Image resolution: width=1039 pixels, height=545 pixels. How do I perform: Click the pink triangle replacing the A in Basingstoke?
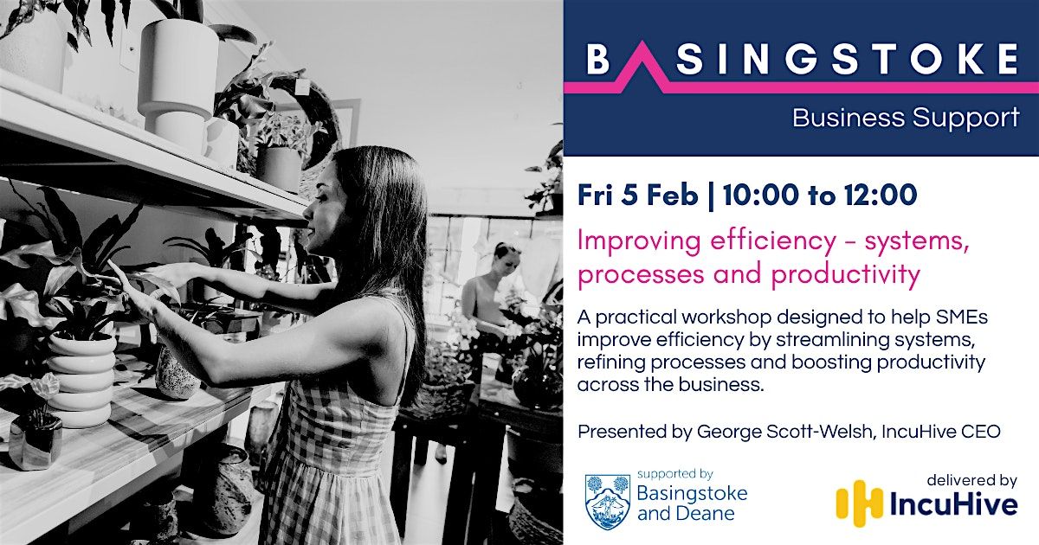(642, 65)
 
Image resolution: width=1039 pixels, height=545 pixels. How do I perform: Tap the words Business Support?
(906, 118)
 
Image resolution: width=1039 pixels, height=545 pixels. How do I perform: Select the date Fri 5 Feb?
(638, 196)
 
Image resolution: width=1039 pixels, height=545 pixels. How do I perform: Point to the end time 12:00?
(880, 196)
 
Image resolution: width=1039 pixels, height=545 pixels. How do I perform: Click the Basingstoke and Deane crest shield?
(607, 502)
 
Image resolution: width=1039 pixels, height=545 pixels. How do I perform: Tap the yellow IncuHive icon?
(860, 503)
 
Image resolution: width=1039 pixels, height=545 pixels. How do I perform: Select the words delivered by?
(971, 481)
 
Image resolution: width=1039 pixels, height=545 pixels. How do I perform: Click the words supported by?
(674, 474)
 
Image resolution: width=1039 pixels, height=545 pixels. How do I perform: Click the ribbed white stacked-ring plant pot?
(81, 378)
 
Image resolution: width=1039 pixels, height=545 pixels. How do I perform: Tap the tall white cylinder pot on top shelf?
(178, 76)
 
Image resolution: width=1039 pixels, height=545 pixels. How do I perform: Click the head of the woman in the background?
(506, 258)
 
